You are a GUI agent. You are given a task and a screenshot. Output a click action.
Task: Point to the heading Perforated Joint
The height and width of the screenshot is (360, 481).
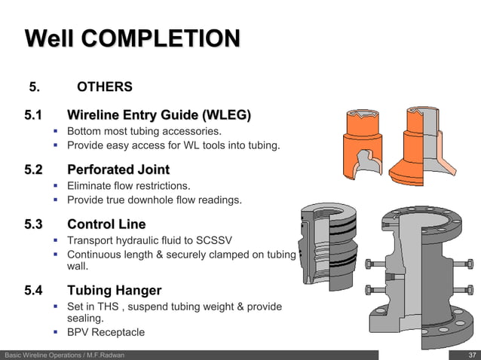(118, 169)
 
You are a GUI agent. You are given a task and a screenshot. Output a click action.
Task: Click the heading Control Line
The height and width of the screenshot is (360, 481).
(106, 224)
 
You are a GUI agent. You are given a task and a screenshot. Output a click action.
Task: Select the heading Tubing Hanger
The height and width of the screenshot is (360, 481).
(114, 290)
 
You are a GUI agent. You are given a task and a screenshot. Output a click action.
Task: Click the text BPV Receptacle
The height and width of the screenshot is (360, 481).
(106, 332)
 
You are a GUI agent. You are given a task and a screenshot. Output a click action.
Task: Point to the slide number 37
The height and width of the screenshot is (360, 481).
(472, 355)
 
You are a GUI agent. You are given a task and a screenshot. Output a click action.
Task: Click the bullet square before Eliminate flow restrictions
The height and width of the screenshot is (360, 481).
(56, 185)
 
